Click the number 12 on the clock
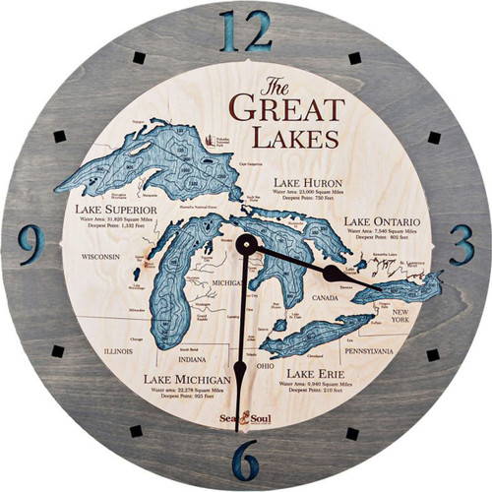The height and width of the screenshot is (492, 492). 245,31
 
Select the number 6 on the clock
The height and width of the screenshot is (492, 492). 245,459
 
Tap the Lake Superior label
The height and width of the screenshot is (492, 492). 122,209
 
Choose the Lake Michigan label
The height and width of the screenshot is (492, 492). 188,378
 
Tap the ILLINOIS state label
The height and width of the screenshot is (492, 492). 124,347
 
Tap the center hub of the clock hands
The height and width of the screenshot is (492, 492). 246,245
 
